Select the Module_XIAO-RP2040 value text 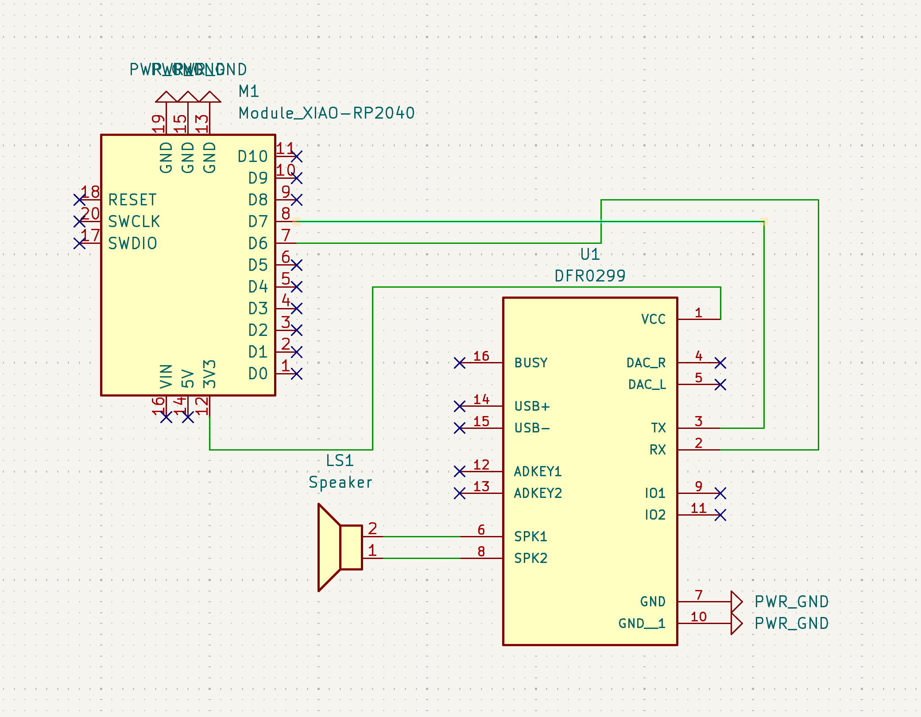pos(326,113)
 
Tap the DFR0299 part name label pos(590,276)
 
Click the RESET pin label pos(132,200)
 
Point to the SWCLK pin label pos(134,222)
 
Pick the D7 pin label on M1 pos(258,222)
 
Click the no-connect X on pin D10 pos(297,157)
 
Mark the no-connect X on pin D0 pos(297,374)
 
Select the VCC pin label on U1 pos(653,319)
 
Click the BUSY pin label pos(531,363)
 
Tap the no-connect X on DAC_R pos(720,363)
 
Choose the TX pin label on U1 pos(658,428)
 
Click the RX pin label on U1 pos(658,450)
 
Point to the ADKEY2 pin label pos(538,493)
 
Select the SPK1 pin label pos(530,536)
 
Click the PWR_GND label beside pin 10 pos(791,624)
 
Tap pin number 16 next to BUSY pos(481,356)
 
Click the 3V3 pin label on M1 pos(209,374)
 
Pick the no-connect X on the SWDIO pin pos(80,243)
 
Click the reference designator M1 pos(248,92)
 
